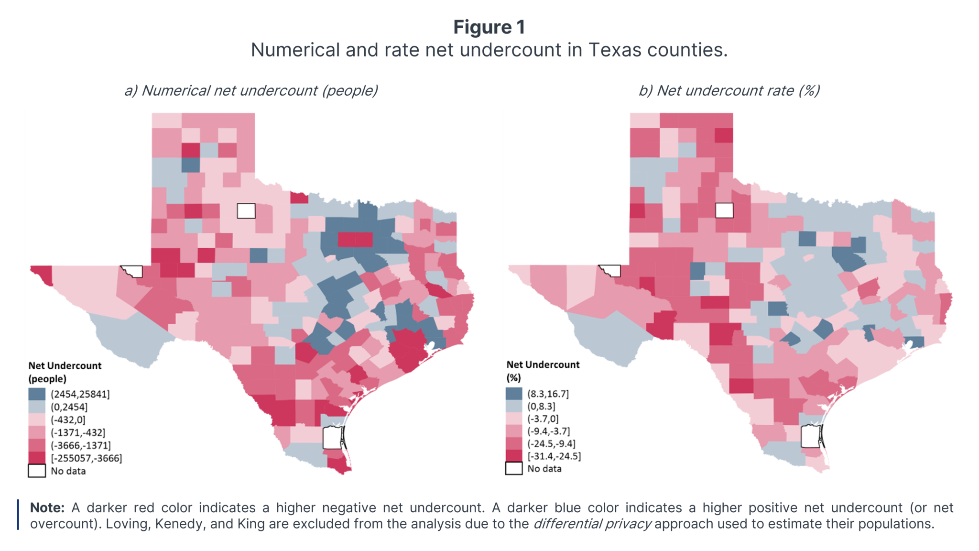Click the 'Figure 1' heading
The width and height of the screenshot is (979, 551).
[489, 27]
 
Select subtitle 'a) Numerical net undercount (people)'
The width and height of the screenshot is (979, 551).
[251, 90]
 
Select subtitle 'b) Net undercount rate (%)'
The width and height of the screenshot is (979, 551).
[729, 90]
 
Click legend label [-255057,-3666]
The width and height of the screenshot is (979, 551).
[87, 458]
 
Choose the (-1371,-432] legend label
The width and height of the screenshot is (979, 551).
[78, 432]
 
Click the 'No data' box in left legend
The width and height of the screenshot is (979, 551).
[37, 471]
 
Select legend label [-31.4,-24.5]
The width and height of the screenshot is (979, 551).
[554, 456]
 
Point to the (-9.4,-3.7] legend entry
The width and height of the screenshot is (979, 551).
[548, 431]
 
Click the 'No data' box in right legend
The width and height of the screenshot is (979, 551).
[514, 468]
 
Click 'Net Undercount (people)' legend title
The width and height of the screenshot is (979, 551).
[65, 372]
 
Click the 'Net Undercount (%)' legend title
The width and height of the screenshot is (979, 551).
[543, 371]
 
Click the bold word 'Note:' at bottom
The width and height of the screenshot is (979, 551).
[47, 507]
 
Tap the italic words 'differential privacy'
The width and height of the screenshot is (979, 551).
[592, 524]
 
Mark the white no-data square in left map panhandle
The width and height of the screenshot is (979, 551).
[246, 210]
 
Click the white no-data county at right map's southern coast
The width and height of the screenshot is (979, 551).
[810, 437]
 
